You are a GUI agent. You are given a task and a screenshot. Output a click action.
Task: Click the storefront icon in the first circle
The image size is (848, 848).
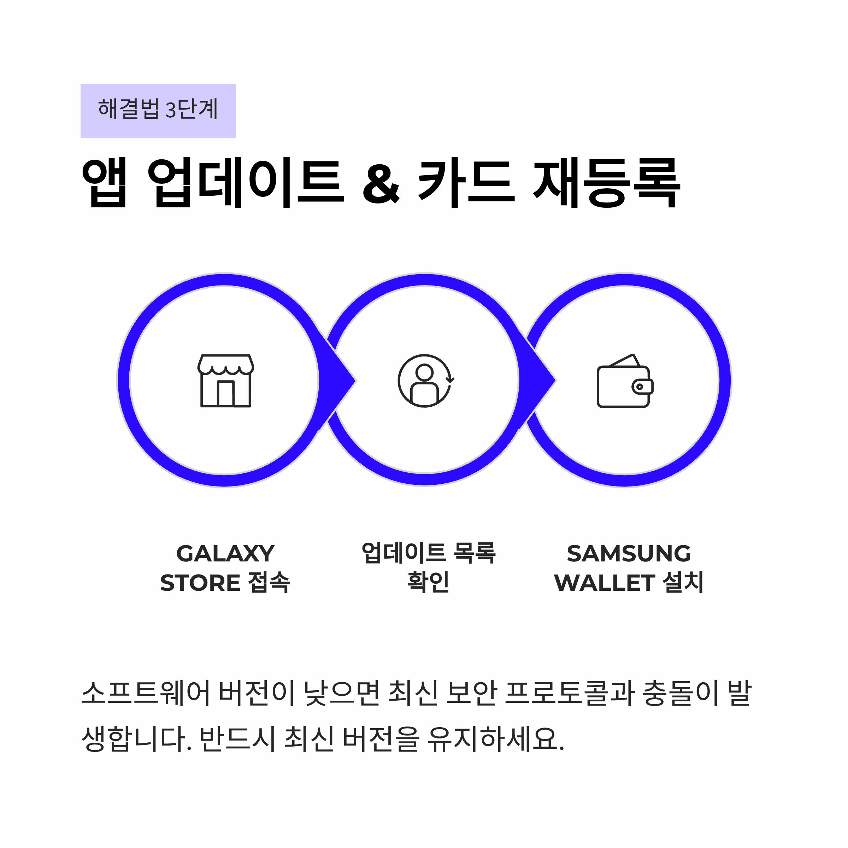click(226, 381)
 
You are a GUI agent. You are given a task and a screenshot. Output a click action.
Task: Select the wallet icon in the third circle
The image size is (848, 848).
click(625, 381)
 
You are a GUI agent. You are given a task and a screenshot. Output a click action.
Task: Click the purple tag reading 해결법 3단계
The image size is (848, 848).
click(158, 111)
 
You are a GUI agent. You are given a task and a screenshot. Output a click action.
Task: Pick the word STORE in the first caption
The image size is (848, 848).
click(200, 583)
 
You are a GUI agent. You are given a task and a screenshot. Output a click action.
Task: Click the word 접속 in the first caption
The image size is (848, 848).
click(269, 583)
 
